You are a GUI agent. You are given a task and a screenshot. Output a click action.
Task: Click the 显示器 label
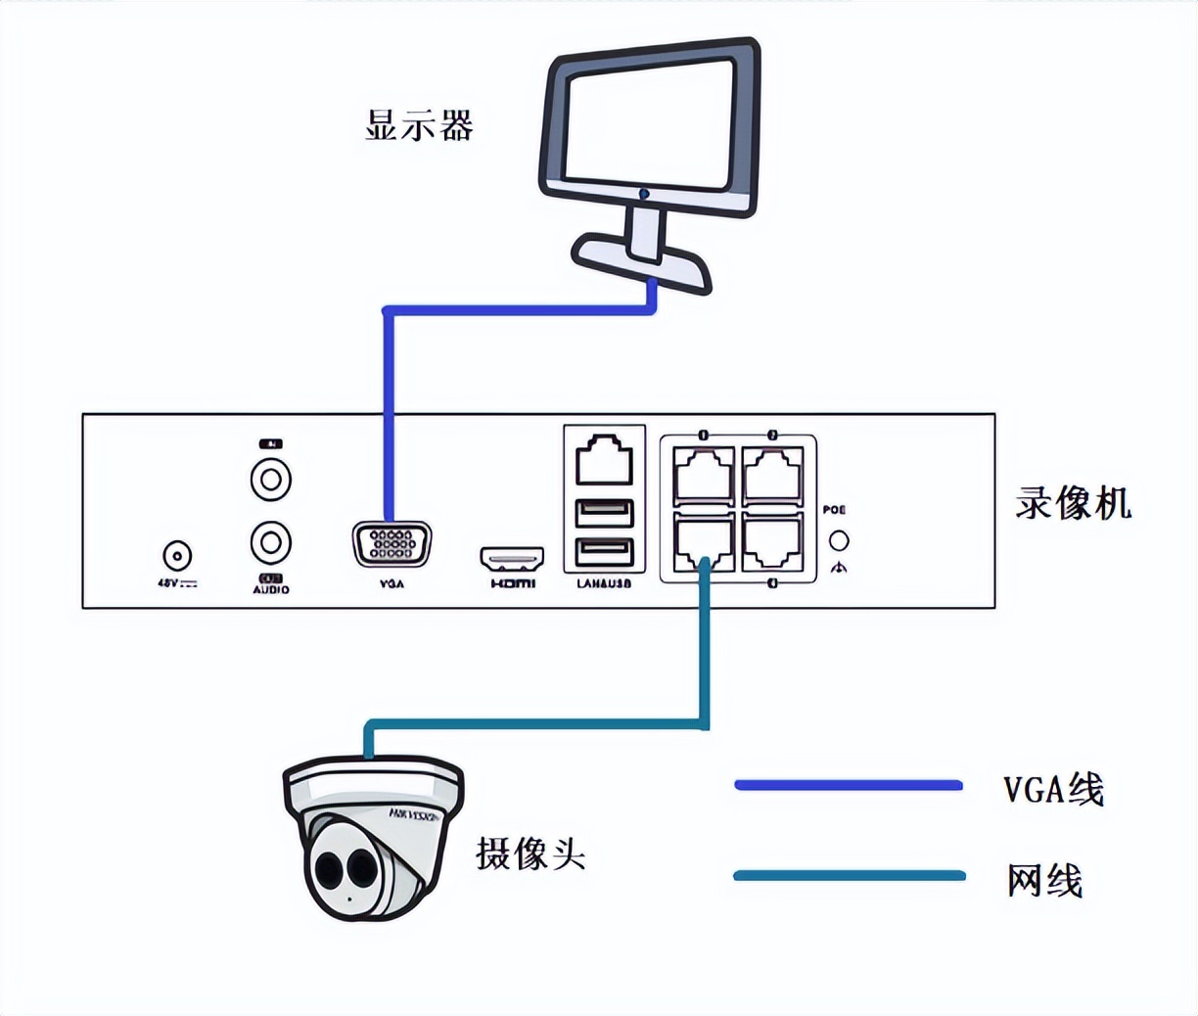(x=419, y=125)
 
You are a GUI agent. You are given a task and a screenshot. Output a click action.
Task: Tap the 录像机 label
(x=1073, y=503)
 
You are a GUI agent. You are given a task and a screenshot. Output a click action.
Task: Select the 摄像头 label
(x=530, y=854)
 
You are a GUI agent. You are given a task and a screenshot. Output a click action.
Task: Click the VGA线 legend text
(x=1053, y=788)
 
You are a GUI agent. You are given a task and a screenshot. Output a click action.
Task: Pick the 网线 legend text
(x=1044, y=880)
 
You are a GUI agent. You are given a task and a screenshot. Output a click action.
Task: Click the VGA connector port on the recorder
(x=392, y=544)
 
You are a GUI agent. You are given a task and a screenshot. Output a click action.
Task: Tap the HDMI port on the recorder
(x=512, y=559)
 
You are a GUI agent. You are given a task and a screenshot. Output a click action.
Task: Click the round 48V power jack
(x=176, y=556)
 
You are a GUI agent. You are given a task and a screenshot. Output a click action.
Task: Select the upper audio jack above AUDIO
(x=271, y=480)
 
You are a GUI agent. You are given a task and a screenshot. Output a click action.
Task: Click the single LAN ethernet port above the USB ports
(x=604, y=459)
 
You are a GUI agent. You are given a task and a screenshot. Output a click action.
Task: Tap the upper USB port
(x=604, y=514)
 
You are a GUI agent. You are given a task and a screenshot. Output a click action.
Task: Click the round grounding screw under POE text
(x=839, y=540)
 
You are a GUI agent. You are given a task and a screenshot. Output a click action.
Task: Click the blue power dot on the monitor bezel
(x=644, y=194)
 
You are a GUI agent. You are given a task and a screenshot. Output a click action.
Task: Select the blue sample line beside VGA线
(x=848, y=785)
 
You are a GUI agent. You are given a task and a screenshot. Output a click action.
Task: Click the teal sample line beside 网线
(x=848, y=875)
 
